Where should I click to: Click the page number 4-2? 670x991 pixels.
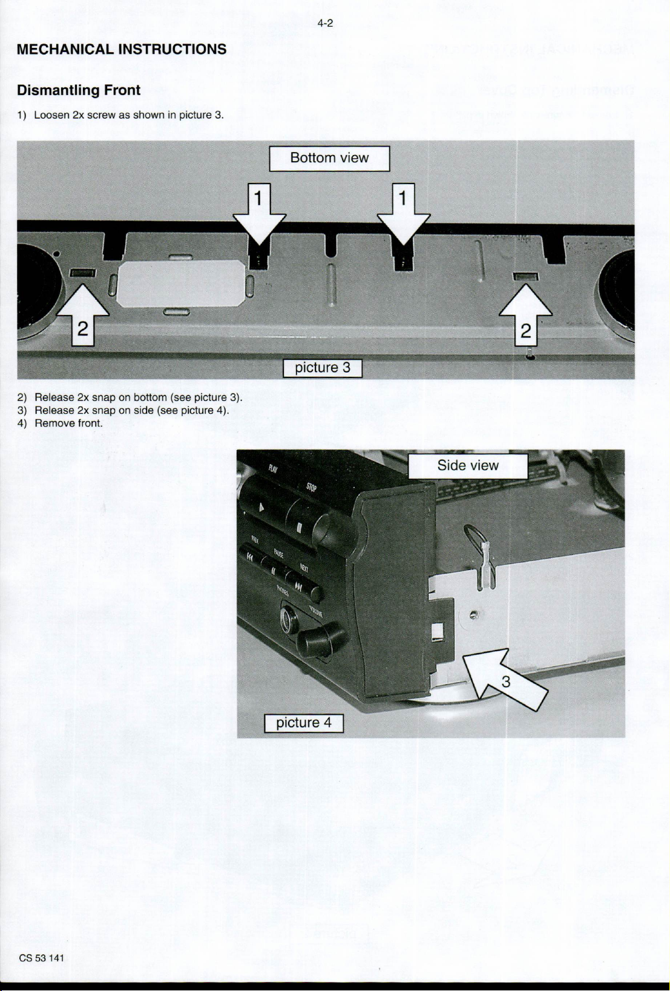click(325, 24)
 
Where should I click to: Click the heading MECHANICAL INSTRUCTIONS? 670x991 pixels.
click(122, 49)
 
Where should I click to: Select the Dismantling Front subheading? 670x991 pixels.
click(79, 90)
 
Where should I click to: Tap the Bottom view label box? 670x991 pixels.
click(329, 158)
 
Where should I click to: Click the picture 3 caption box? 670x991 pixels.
click(323, 368)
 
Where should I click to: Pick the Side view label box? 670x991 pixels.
click(468, 466)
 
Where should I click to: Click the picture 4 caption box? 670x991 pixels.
click(304, 723)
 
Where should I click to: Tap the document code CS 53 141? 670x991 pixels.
click(42, 958)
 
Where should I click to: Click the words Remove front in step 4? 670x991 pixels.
click(68, 423)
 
